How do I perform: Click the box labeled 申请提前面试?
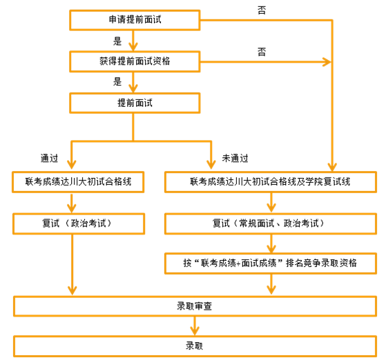pos(135,20)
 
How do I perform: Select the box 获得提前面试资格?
pos(135,61)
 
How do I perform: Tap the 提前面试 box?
pos(135,103)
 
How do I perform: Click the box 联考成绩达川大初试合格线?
pos(78,182)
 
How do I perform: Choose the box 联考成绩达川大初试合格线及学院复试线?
pos(271,182)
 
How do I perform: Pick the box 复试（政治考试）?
pos(79,223)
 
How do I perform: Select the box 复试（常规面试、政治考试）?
pos(271,223)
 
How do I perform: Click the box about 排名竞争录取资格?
pos(271,263)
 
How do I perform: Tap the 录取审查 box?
pos(195,306)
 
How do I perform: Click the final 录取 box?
pos(195,346)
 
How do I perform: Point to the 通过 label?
pos(49,159)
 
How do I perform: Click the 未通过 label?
pos(235,159)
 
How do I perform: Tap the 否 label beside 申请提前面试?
pos(262,10)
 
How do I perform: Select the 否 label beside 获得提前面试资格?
pos(262,52)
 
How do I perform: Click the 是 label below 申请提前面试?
pos(117,41)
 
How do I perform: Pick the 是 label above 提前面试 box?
pos(117,81)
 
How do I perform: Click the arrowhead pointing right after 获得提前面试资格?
pos(327,61)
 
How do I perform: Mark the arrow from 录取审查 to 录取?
pos(195,326)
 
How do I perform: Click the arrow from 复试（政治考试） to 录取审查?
pos(72,265)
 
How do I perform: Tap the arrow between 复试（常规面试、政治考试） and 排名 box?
pos(271,243)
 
